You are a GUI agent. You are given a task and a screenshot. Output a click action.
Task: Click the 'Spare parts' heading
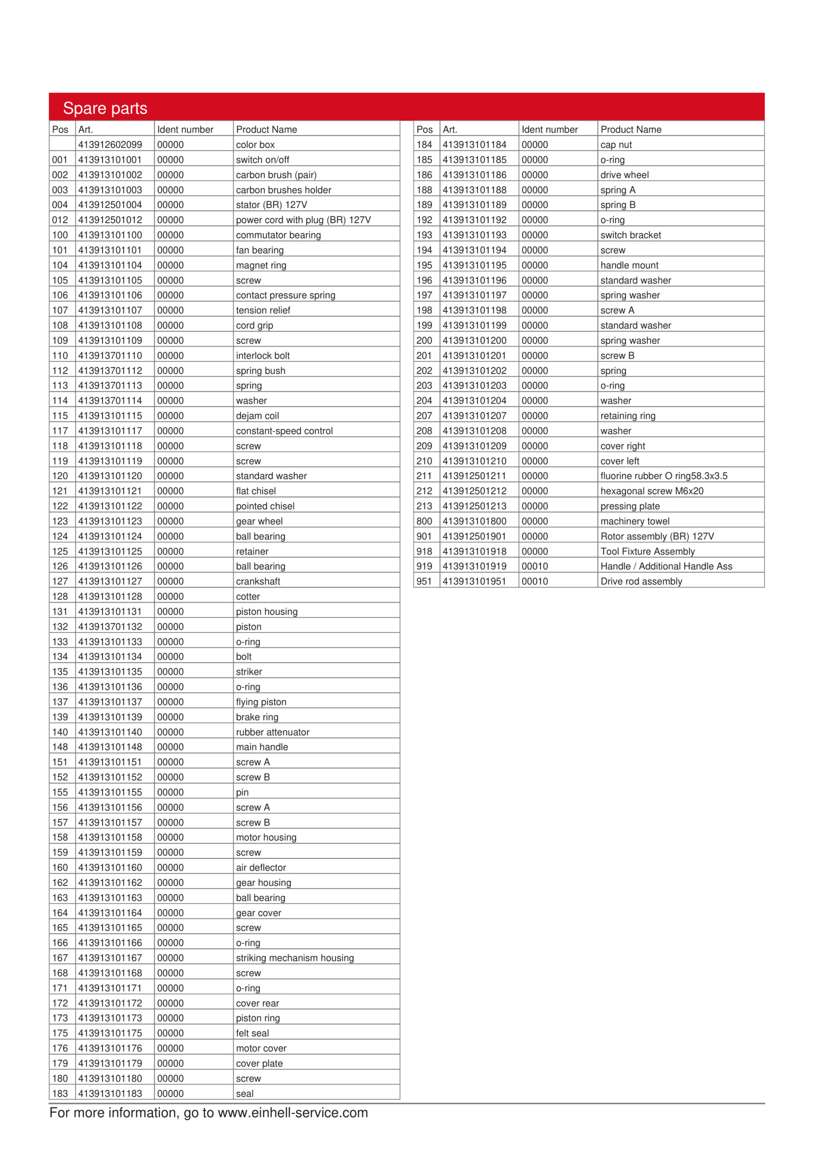[105, 108]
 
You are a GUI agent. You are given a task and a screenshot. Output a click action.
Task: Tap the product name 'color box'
[255, 145]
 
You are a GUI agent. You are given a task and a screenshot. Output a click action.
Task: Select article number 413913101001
[110, 160]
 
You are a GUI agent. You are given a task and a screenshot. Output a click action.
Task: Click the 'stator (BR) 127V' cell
[271, 205]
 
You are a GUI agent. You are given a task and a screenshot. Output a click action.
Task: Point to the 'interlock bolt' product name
[262, 355]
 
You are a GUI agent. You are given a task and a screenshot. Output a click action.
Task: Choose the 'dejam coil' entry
[257, 416]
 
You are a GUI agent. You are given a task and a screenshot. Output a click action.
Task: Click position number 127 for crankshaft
[60, 581]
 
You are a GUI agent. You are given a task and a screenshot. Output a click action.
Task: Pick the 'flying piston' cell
[261, 702]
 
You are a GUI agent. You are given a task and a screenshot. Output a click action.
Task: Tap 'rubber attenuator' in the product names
[273, 732]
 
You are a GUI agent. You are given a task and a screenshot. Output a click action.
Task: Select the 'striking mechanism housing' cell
[295, 958]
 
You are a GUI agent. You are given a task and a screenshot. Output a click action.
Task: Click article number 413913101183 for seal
[110, 1093]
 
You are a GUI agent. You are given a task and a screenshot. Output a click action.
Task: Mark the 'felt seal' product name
[252, 1033]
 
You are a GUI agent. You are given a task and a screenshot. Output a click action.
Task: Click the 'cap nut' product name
[616, 145]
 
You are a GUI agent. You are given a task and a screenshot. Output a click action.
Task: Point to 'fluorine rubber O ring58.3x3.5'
[663, 476]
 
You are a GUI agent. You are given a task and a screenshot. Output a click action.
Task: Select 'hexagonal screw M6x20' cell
[652, 490]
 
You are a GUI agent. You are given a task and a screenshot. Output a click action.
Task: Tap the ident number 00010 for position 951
[535, 581]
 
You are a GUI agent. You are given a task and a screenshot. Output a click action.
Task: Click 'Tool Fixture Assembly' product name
[648, 551]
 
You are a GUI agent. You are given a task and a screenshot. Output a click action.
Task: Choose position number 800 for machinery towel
[424, 521]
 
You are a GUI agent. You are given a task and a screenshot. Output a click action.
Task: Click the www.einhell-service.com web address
[292, 1112]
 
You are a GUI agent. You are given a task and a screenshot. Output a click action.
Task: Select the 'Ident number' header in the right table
[549, 130]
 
